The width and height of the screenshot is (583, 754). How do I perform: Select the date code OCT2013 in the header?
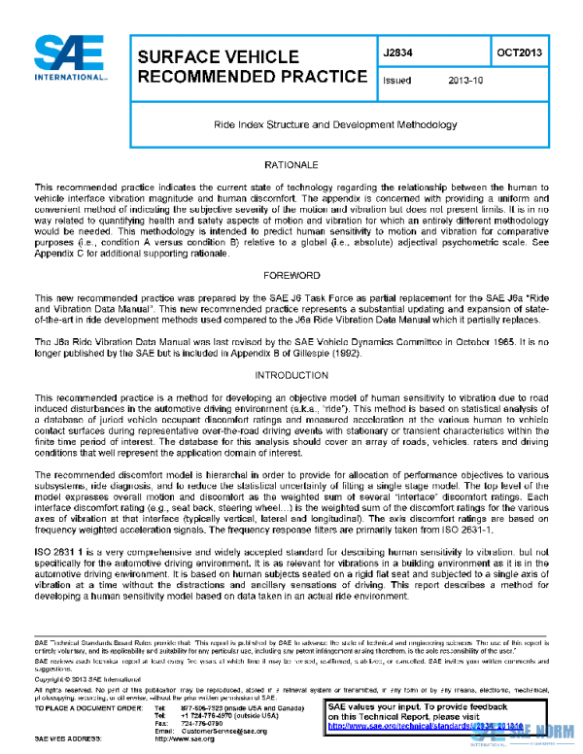click(x=520, y=52)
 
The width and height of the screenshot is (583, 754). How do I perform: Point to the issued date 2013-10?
click(x=465, y=84)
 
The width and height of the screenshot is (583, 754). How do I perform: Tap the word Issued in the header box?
click(x=398, y=84)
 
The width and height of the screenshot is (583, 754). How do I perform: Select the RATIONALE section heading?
click(x=292, y=166)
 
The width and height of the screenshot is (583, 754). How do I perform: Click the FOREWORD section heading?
click(x=292, y=276)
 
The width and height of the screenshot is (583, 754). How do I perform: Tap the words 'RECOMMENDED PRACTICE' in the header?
click(x=254, y=77)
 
